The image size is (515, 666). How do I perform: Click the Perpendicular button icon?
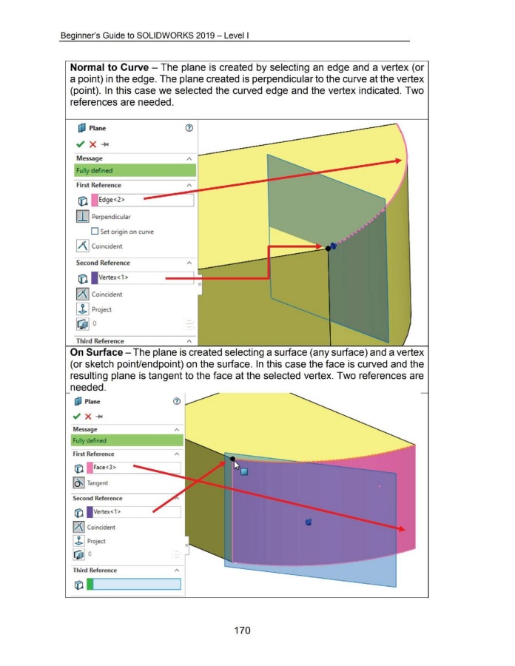coord(82,217)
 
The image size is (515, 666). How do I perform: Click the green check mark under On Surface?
coord(78,416)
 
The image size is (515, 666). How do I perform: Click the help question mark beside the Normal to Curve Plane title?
coord(189,129)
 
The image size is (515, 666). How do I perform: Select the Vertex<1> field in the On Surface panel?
coord(134,512)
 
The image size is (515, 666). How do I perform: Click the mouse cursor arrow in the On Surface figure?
coord(238,465)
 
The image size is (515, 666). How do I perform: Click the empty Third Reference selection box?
coord(134,585)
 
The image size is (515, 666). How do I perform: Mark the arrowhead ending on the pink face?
coord(403,529)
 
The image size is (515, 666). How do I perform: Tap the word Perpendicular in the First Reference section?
coord(112,218)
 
